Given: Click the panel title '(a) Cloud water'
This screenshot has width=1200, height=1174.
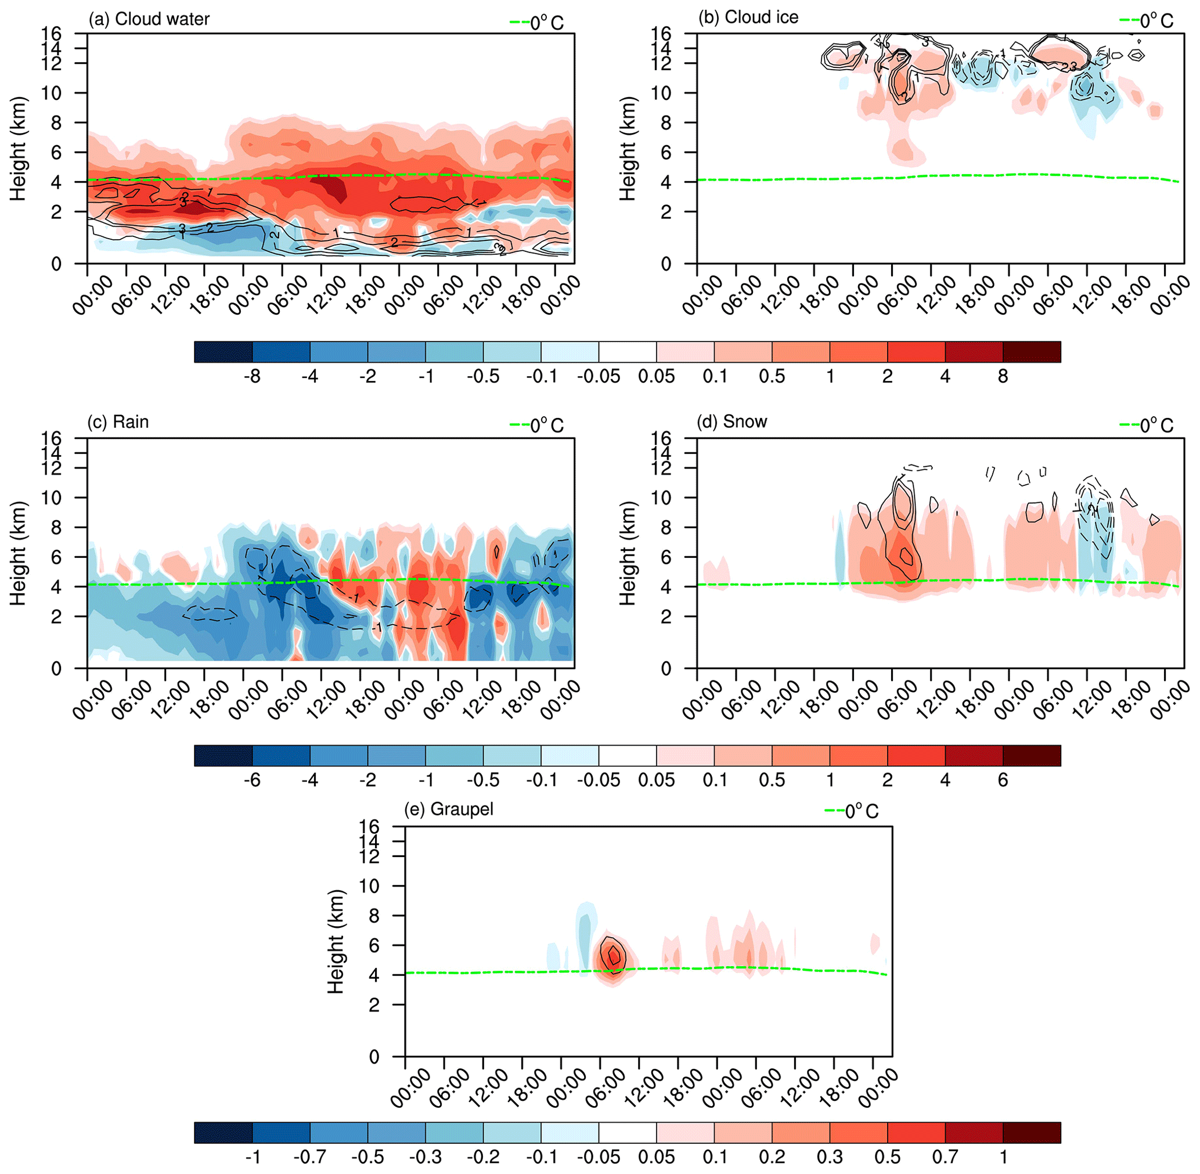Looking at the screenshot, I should (x=149, y=19).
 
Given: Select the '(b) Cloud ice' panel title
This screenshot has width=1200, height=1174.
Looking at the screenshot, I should (x=748, y=17).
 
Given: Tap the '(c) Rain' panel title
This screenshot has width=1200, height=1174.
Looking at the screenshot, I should (x=118, y=422).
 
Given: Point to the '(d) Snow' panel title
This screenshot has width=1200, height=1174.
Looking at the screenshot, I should (x=732, y=422).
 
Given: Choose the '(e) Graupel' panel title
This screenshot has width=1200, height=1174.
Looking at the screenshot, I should (x=448, y=809).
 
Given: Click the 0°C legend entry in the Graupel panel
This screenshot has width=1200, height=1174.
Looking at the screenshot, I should (x=852, y=812).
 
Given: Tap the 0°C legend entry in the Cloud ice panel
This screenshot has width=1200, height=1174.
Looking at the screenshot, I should (x=1147, y=21).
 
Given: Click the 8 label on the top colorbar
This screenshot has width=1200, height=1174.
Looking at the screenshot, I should (x=1003, y=376).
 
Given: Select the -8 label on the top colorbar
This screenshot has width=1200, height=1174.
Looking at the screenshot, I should (x=251, y=376).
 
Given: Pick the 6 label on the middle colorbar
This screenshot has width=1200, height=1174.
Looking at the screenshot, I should (x=1003, y=780).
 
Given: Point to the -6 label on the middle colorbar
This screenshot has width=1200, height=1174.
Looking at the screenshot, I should (x=251, y=780).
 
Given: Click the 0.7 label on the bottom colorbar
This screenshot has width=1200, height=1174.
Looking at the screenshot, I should (x=945, y=1157).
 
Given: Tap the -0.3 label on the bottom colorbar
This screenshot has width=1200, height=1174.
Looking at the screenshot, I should (x=426, y=1157).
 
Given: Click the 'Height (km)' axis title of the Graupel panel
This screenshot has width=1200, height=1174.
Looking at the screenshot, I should (x=336, y=942).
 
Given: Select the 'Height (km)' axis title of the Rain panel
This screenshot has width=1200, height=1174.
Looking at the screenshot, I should (x=18, y=554).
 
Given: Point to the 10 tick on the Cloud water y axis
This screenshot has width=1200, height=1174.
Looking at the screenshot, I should (x=52, y=93).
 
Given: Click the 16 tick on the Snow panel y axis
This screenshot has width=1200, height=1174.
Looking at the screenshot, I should (x=661, y=438).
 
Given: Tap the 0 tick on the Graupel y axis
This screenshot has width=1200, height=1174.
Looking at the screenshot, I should (x=374, y=1057).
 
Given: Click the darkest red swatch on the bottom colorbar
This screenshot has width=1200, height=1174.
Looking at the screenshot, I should (x=1032, y=1133).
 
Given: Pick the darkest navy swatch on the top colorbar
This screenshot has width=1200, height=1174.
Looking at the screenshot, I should (x=224, y=351).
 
